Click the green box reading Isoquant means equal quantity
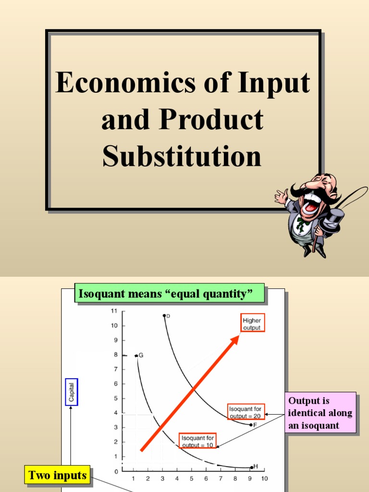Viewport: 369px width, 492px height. point(170,294)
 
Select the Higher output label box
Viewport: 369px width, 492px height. point(252,324)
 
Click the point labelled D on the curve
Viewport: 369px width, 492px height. point(164,316)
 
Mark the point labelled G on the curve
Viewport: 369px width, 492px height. point(136,356)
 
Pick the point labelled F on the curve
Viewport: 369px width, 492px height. point(251,425)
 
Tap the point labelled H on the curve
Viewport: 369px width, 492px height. point(251,467)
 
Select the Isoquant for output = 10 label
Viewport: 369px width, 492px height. point(198,441)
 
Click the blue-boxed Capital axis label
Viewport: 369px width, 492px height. point(72,392)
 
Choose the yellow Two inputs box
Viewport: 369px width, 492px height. point(58,476)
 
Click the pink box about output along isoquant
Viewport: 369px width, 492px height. point(320,413)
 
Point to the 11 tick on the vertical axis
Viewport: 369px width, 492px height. point(114,311)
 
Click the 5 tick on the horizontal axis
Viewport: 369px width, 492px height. point(191,479)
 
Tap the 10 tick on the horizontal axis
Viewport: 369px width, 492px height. point(264,479)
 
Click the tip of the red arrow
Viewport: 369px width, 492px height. point(239,336)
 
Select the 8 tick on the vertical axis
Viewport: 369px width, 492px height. point(115,355)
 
